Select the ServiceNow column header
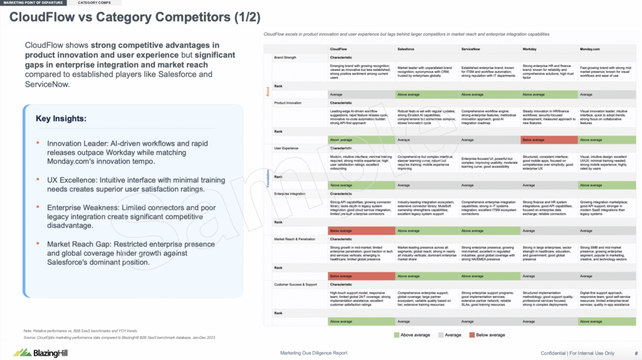pos(472,48)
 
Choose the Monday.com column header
pos(592,48)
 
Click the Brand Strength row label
pos(286,57)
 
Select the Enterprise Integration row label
pos(290,195)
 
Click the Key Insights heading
pos(61,118)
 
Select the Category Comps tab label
pos(92,3)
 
